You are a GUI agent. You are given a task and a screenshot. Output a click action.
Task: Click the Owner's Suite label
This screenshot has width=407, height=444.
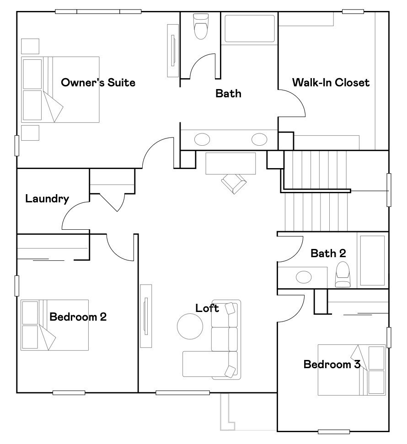(98, 83)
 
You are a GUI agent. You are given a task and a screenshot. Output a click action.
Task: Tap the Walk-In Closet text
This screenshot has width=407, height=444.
(331, 83)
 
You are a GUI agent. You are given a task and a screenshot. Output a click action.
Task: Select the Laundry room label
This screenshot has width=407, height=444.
(47, 199)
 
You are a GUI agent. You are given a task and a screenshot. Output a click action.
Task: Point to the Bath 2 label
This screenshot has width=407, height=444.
(328, 253)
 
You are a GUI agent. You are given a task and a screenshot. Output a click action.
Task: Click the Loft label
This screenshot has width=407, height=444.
(207, 308)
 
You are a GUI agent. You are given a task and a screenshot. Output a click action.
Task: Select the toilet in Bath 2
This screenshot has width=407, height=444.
(343, 275)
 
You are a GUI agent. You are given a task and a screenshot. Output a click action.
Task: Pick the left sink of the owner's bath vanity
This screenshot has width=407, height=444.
(202, 139)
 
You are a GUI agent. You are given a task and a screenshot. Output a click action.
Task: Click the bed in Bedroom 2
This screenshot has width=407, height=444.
(54, 325)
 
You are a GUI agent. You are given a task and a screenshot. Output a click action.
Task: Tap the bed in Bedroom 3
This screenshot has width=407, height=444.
(352, 370)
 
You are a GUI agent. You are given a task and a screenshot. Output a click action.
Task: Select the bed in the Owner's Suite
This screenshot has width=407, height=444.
(60, 90)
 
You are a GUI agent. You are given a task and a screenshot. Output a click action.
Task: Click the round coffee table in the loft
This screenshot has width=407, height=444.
(190, 326)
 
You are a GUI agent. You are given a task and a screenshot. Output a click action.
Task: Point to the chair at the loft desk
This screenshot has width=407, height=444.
(234, 184)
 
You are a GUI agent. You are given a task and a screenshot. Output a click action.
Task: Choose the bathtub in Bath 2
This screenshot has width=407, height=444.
(372, 260)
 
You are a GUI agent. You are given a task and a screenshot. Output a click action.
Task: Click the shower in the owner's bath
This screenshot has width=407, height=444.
(250, 29)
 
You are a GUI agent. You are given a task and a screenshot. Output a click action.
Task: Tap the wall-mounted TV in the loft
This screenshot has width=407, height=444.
(145, 316)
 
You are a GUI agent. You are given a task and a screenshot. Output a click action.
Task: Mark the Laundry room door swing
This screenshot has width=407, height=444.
(73, 217)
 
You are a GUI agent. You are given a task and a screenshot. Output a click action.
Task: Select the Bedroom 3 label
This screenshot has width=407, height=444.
(332, 365)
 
